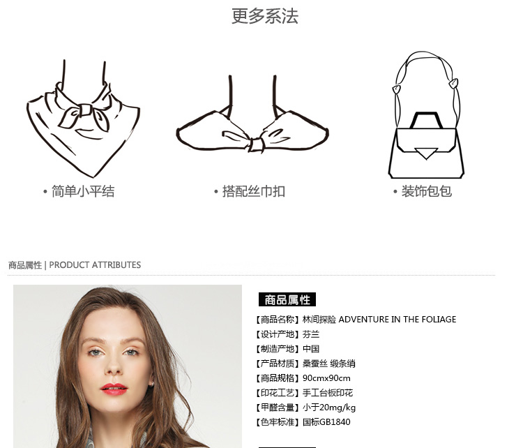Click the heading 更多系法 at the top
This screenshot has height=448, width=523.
click(x=265, y=16)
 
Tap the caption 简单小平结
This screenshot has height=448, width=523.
click(x=83, y=192)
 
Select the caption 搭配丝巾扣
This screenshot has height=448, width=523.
click(x=254, y=192)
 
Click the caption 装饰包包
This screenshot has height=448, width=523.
click(x=427, y=191)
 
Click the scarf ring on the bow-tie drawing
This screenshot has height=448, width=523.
click(x=256, y=145)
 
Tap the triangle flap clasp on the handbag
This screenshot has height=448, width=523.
click(x=426, y=153)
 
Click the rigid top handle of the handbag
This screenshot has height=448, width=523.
click(x=426, y=119)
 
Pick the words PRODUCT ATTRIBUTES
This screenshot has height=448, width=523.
click(x=95, y=265)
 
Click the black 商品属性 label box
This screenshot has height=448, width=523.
click(x=287, y=300)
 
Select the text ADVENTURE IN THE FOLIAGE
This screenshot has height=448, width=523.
click(x=397, y=320)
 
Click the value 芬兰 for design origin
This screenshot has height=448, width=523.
click(x=311, y=334)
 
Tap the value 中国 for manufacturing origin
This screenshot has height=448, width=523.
click(x=311, y=349)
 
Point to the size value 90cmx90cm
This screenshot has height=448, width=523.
click(x=326, y=378)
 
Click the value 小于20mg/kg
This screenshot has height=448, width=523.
click(x=329, y=408)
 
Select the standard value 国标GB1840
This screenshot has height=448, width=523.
click(x=326, y=422)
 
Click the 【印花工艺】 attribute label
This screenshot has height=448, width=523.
click(x=277, y=393)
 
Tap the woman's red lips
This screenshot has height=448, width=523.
click(x=114, y=389)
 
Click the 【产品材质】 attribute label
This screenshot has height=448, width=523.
click(x=277, y=364)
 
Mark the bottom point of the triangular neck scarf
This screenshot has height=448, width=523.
click(x=93, y=177)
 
